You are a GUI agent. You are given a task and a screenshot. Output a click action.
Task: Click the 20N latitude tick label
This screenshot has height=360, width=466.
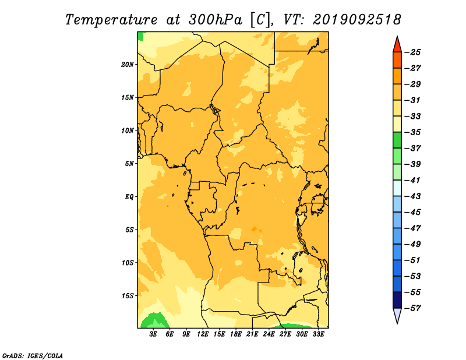click(128, 65)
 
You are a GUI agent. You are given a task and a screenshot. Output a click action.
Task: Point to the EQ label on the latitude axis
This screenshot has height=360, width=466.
click(129, 197)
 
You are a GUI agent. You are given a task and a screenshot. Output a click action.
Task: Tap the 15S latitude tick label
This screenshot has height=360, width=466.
click(128, 296)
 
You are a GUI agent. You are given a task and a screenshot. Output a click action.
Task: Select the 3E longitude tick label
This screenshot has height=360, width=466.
click(153, 334)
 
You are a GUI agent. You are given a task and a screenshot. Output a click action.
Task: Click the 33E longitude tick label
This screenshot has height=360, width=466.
click(318, 334)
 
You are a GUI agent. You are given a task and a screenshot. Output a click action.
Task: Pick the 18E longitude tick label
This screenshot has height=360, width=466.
click(236, 334)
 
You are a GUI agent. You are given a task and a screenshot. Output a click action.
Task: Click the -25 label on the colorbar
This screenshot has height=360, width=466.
click(412, 52)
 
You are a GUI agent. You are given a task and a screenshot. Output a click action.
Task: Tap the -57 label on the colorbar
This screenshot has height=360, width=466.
click(412, 308)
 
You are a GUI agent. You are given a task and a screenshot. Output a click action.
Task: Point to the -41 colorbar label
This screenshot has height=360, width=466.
click(412, 180)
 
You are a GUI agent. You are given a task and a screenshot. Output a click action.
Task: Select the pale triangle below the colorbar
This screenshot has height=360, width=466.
click(397, 315)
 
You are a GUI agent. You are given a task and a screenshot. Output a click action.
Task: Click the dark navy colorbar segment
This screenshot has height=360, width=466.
click(397, 300)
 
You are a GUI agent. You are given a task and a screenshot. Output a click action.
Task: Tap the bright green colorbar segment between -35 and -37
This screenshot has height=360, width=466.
click(397, 140)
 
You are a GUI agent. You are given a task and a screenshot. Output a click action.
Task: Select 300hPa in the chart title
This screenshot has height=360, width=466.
click(215, 20)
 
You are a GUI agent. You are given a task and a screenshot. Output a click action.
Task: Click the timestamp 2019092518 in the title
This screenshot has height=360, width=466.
click(357, 20)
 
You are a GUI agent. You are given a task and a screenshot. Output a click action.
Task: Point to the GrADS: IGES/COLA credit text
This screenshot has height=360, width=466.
click(33, 355)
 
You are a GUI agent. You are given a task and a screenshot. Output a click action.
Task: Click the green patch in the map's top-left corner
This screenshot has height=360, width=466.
click(140, 36)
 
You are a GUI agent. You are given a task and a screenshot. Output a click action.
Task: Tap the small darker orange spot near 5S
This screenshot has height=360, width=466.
click(254, 229)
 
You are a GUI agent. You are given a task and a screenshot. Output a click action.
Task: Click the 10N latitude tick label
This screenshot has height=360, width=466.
click(128, 130)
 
